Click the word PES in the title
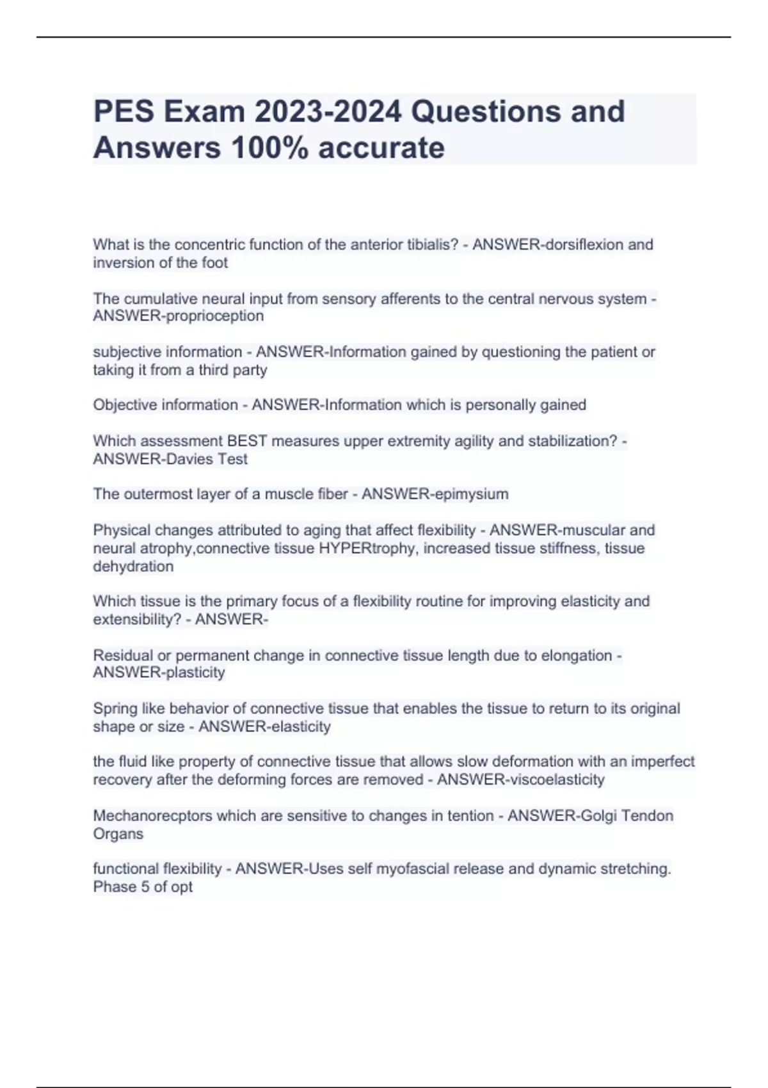[123, 112]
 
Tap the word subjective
[127, 352]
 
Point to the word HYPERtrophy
[365, 548]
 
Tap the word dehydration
[133, 566]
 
